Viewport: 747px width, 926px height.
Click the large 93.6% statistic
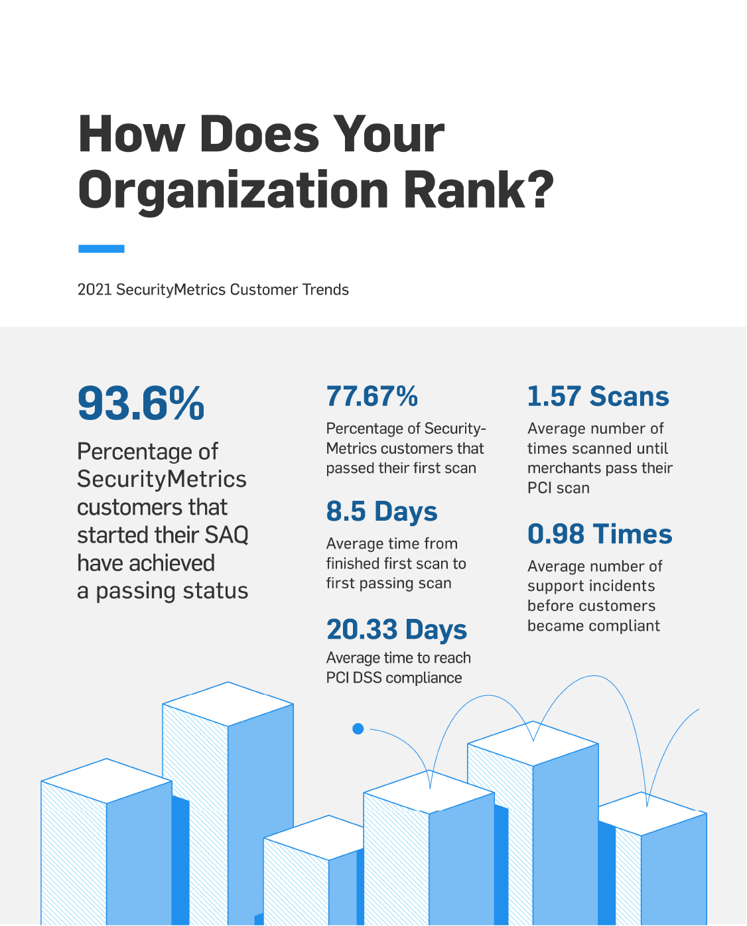click(x=141, y=403)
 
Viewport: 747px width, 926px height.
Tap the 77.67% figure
click(x=372, y=397)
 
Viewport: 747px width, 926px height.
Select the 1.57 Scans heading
click(x=598, y=397)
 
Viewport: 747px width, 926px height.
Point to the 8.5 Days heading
click(x=381, y=511)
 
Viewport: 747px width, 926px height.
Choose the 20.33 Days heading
click(x=396, y=629)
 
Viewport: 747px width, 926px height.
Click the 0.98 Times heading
click(x=600, y=534)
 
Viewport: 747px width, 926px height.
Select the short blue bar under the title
click(x=101, y=249)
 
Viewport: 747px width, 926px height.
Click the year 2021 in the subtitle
click(x=94, y=290)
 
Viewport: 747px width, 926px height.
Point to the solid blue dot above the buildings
click(x=358, y=729)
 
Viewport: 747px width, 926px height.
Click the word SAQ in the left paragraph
click(x=226, y=535)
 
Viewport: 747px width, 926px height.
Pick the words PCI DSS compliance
click(x=394, y=678)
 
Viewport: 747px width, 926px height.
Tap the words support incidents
click(x=591, y=586)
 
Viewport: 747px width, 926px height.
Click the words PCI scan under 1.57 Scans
click(x=559, y=488)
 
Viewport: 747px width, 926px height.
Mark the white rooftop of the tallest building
click(x=228, y=704)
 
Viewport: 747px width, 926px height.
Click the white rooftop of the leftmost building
click(x=106, y=781)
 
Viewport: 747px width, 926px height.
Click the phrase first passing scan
click(x=389, y=583)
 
